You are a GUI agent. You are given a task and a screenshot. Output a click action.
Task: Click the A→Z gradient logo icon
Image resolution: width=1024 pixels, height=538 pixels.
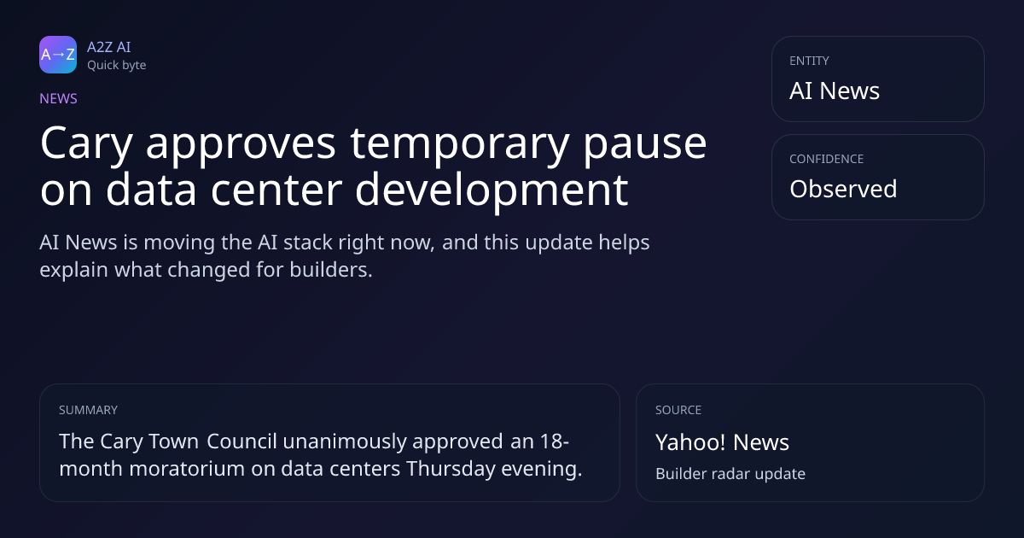(x=58, y=55)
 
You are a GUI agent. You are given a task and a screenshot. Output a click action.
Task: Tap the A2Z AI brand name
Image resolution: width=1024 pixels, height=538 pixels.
(x=109, y=47)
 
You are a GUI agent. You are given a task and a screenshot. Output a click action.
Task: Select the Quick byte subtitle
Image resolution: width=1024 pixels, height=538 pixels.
(x=117, y=66)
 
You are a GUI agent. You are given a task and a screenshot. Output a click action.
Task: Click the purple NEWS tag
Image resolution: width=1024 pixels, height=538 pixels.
(x=59, y=99)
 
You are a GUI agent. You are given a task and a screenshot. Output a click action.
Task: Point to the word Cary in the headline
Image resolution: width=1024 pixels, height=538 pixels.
(x=86, y=144)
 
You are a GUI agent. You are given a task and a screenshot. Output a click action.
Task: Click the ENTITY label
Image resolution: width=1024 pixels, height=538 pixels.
(x=809, y=61)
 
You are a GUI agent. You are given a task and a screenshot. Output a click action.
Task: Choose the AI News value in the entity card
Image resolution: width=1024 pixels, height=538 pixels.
(x=835, y=91)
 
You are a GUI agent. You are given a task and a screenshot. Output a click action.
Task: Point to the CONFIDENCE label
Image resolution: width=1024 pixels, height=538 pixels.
(x=827, y=159)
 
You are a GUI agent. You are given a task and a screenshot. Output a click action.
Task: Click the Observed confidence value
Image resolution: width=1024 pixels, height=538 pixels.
(x=843, y=189)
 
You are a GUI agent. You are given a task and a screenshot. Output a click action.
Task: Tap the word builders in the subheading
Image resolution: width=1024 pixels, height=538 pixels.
(x=331, y=270)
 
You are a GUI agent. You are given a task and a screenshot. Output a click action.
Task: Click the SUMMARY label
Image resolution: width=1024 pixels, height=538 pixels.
(x=88, y=410)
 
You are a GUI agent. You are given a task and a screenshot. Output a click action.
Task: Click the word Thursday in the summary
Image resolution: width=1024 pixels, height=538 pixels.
(x=451, y=470)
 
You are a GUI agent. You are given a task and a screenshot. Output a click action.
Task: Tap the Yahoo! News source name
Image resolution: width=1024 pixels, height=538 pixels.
(x=722, y=442)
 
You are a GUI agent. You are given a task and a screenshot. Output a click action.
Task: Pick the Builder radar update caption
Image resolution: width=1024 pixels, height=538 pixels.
(x=730, y=474)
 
